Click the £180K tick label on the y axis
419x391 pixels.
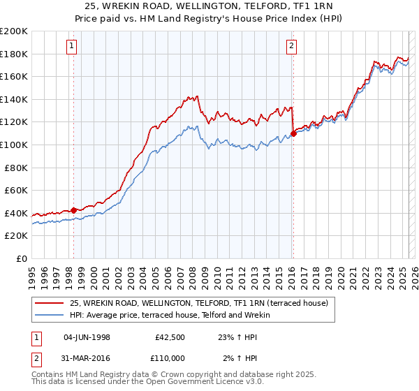(x=14, y=54)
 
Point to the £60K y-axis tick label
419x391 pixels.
(x=16, y=190)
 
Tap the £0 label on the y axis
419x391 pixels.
(x=22, y=258)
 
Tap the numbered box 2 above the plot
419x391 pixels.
(x=291, y=47)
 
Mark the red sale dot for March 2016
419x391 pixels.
(x=293, y=133)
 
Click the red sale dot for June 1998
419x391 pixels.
(x=74, y=210)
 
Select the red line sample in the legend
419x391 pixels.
(x=49, y=303)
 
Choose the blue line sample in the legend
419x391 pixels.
(x=49, y=315)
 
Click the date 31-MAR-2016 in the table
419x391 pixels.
(x=87, y=358)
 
